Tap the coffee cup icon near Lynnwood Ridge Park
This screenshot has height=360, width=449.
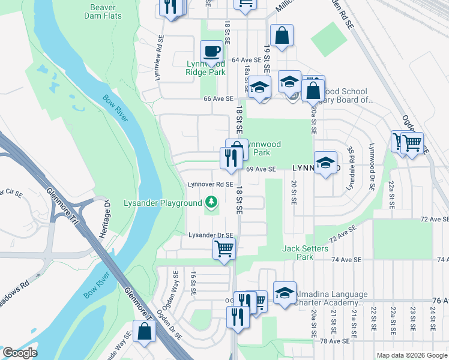click(x=211, y=52)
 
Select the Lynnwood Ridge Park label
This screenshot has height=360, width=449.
click(x=205, y=68)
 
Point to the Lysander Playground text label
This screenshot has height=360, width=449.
click(x=163, y=203)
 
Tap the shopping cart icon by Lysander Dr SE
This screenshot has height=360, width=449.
click(x=224, y=248)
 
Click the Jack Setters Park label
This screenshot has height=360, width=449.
click(x=306, y=253)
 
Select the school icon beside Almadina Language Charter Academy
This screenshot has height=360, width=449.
click(x=285, y=292)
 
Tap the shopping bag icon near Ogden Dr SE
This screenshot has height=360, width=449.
click(x=145, y=331)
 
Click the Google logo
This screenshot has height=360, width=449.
click(x=20, y=353)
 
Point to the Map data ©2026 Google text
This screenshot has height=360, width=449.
click(x=411, y=355)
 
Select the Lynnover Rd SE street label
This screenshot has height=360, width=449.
click(x=210, y=184)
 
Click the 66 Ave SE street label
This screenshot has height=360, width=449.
click(x=217, y=98)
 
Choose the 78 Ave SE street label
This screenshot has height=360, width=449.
click(x=335, y=341)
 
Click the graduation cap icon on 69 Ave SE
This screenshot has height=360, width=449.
click(x=325, y=162)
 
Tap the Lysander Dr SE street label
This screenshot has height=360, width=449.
click(x=211, y=235)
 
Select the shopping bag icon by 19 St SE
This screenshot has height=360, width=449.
click(x=281, y=36)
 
